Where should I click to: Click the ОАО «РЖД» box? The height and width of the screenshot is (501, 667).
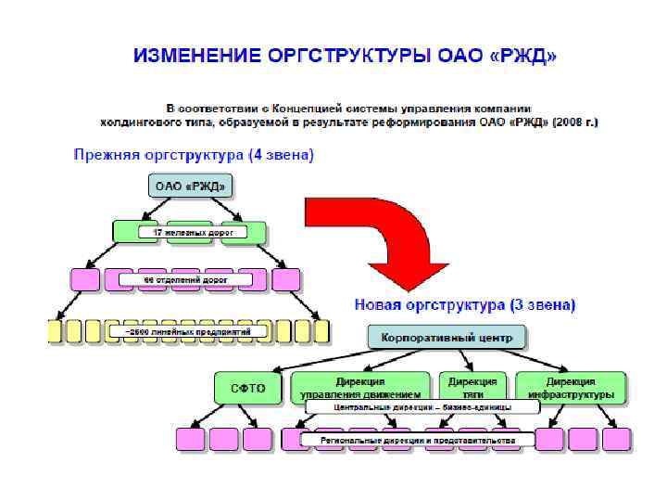click(189, 186)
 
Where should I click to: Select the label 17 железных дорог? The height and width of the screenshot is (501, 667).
click(192, 232)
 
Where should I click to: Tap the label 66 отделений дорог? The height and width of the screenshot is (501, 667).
click(185, 278)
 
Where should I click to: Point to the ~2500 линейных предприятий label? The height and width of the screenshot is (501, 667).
click(189, 329)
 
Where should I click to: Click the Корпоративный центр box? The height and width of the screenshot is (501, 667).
click(447, 336)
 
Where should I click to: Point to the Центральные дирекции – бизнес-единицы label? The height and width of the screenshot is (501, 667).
click(422, 407)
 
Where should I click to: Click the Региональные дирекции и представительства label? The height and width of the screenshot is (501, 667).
click(417, 438)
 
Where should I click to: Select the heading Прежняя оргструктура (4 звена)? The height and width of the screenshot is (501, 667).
click(194, 155)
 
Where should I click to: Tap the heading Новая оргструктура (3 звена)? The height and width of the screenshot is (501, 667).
click(464, 304)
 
